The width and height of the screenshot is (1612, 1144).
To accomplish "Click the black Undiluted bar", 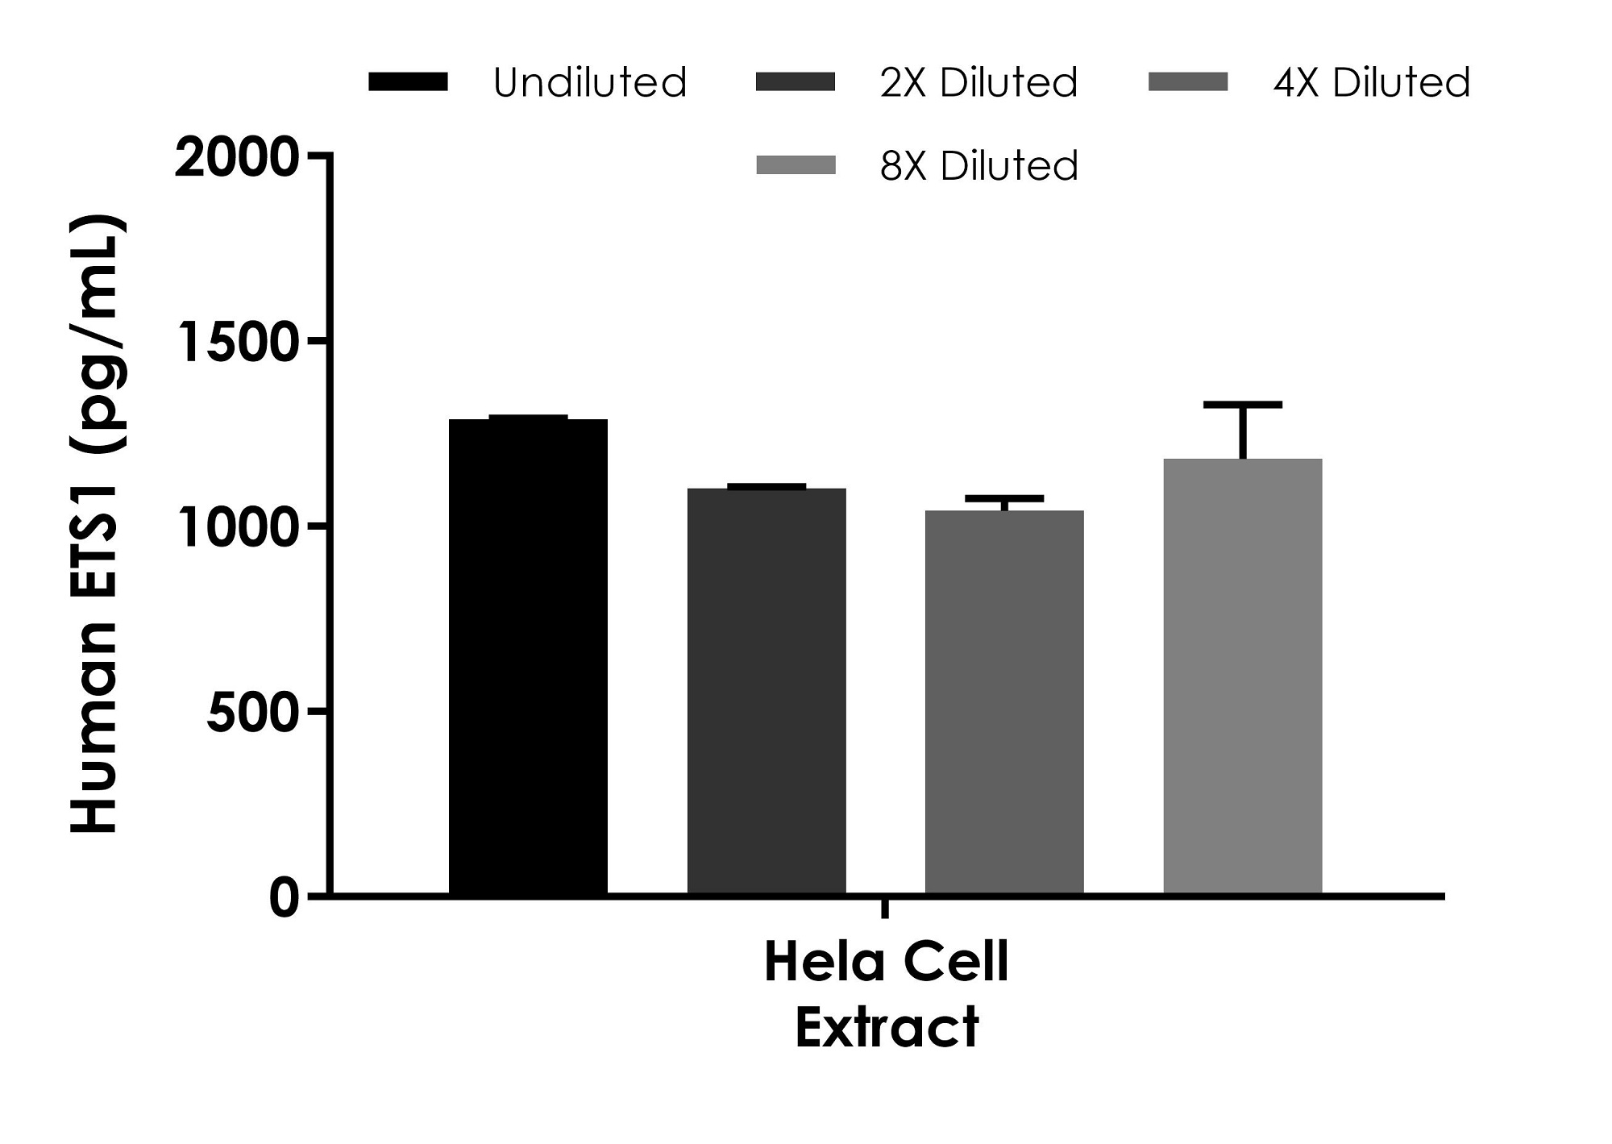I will pos(528,656).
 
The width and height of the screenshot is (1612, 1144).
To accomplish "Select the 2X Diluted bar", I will pos(767,691).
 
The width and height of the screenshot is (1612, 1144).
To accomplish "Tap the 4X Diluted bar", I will pos(1004,702).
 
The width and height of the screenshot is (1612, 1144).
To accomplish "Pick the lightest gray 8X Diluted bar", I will pos(1242,676).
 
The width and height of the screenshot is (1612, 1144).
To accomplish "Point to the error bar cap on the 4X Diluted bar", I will pos(1004,498).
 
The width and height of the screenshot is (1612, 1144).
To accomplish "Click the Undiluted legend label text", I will pos(589,82).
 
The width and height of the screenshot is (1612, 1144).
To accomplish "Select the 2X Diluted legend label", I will pos(978,82).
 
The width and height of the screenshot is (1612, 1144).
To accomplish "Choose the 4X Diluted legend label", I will pos(1372,82).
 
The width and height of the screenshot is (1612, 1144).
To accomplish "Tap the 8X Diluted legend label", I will pos(978,166).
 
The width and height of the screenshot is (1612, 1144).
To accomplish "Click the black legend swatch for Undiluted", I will pos(408,82).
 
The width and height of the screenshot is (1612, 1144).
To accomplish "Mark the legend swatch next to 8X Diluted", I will pos(796,166).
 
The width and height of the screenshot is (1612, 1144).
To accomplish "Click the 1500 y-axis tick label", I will pos(237,343).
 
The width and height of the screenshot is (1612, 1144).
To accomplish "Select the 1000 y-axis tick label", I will pos(237,528).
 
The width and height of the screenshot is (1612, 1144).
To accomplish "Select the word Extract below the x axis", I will pos(887,1028).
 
